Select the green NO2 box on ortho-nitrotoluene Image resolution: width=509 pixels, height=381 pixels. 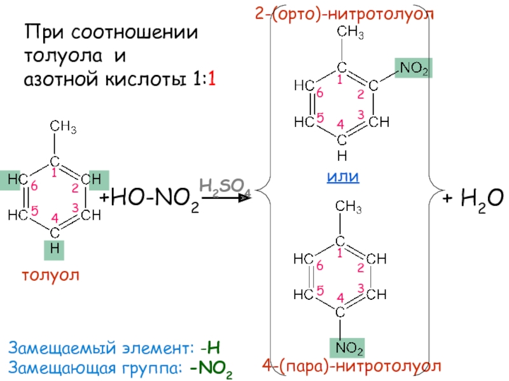tap(413, 67)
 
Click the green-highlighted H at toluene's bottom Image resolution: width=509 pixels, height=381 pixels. tap(55, 250)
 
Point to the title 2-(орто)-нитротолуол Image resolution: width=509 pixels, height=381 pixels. tap(347, 13)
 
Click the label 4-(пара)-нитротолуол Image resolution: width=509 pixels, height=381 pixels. tap(352, 367)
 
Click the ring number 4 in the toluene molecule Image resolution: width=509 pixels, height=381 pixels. tap(55, 219)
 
